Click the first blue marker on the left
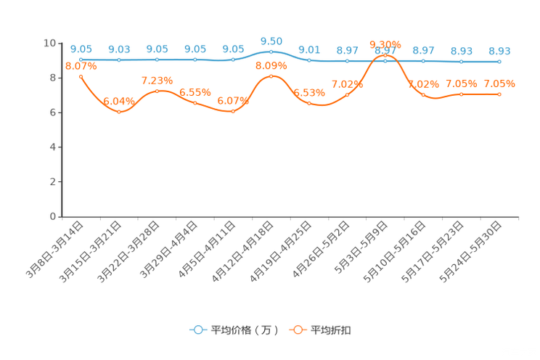[81, 60]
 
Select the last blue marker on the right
[499, 62]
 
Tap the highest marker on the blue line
[271, 52]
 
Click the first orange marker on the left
[81, 76]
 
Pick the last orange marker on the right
[499, 94]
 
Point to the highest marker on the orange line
[385, 54]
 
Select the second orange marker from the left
[119, 112]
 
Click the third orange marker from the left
[157, 91]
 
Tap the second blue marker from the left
[119, 60]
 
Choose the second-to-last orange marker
[461, 94]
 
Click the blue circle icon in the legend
[197, 330]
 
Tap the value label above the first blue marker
[81, 49]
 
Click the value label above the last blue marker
[499, 51]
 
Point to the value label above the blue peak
[271, 41]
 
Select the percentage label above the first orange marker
[81, 66]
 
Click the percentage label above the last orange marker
[499, 84]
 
